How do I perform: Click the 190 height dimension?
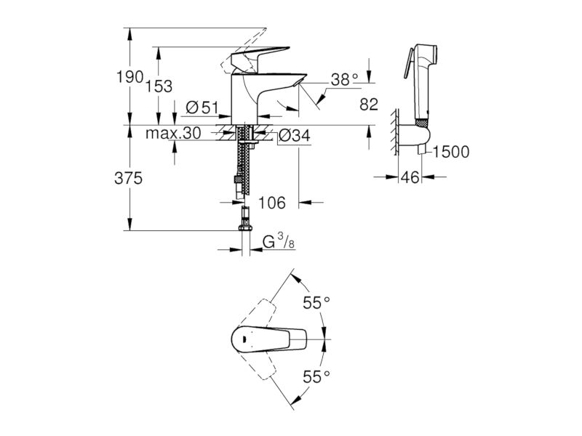130,77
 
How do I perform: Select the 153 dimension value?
159,86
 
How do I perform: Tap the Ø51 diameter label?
202,108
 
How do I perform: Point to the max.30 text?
173,133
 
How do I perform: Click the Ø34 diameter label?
294,136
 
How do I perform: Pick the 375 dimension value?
129,179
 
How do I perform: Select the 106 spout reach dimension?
271,203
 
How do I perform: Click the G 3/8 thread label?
279,241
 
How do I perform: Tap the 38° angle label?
344,80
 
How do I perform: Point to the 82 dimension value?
369,105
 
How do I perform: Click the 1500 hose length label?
451,152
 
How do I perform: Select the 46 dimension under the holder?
410,177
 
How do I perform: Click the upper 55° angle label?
316,302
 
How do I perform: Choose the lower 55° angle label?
316,376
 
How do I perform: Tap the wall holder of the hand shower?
414,135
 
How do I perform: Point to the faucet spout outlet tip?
301,81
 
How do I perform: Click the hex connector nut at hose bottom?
246,227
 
